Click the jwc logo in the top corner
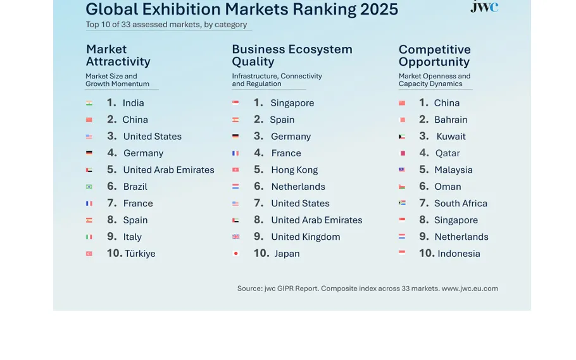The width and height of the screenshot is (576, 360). (484, 7)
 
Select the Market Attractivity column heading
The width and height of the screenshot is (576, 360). (118, 56)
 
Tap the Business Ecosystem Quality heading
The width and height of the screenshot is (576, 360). (292, 56)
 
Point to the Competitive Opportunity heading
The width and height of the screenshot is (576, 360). (434, 56)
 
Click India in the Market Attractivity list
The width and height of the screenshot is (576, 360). (133, 103)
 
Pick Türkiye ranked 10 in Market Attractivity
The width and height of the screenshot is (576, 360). (140, 254)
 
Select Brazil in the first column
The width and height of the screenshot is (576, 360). (135, 187)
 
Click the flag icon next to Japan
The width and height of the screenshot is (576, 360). (235, 254)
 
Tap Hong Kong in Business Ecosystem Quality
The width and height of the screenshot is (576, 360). (294, 170)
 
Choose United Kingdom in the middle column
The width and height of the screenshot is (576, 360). (305, 237)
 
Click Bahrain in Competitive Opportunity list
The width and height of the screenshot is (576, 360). (451, 120)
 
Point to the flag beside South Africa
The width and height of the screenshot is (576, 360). (402, 204)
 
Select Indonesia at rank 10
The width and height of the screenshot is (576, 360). (458, 254)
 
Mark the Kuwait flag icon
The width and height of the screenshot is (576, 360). (402, 137)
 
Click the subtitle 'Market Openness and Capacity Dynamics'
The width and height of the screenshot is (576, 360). (434, 80)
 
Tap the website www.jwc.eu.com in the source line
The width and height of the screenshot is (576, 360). (470, 289)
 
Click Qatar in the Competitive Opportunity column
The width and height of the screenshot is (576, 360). (448, 153)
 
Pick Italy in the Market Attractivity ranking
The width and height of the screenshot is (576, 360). (132, 237)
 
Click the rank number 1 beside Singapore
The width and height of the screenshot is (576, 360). (258, 103)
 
